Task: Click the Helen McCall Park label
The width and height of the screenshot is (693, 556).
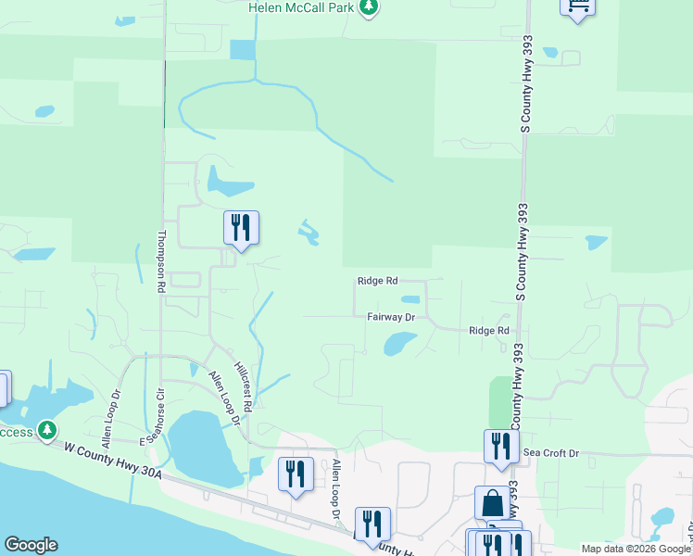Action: [x=302, y=7]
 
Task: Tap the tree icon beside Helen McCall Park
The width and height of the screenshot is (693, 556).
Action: [x=370, y=7]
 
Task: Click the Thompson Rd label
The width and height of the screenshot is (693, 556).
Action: [x=161, y=262]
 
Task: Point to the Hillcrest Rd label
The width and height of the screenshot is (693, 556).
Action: [x=244, y=386]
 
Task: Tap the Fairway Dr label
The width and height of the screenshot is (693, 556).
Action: [x=390, y=317]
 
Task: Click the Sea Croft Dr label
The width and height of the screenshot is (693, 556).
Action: [x=551, y=453]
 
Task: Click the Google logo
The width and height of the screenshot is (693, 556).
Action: [x=31, y=545]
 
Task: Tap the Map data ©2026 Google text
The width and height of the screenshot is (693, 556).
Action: [x=636, y=549]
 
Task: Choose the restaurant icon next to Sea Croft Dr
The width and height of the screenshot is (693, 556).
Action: [x=500, y=446]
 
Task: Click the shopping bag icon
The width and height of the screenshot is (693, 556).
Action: [x=492, y=503]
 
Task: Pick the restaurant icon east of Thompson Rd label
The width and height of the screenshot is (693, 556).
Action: [x=241, y=227]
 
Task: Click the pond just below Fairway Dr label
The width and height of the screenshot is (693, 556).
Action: [x=399, y=343]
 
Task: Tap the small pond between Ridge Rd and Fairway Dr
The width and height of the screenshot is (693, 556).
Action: [x=409, y=299]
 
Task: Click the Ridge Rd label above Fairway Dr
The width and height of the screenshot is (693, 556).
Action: [x=377, y=280]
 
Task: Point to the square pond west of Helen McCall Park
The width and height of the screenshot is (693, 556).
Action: [x=242, y=50]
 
